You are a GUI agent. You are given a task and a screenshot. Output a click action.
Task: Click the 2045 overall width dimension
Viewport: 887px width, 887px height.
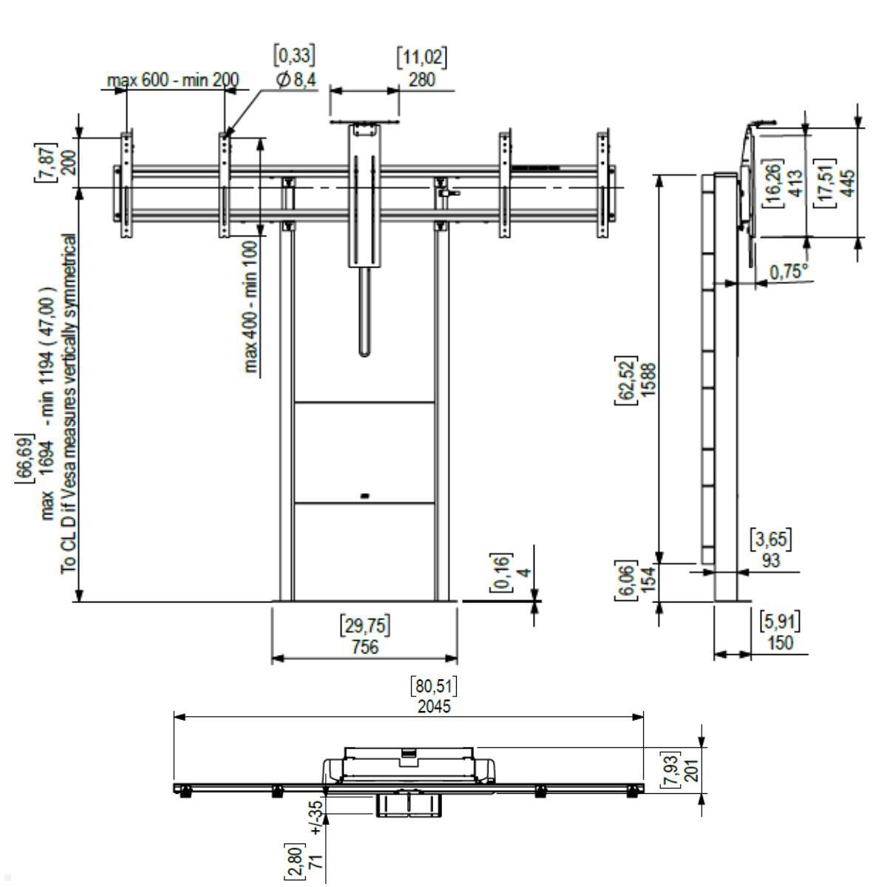click(x=434, y=707)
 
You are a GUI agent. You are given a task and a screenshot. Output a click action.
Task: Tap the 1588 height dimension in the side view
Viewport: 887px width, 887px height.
click(x=648, y=380)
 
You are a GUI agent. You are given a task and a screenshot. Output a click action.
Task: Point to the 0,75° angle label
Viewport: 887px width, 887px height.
click(x=789, y=272)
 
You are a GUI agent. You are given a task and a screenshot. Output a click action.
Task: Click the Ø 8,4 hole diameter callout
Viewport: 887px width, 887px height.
click(x=296, y=80)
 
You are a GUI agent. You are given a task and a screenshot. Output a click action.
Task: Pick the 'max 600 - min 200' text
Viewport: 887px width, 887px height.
click(x=173, y=80)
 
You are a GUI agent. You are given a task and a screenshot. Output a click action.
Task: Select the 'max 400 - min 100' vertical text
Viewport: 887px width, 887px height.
click(x=251, y=307)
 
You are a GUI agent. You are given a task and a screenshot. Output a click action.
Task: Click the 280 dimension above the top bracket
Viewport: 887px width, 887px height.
click(x=421, y=80)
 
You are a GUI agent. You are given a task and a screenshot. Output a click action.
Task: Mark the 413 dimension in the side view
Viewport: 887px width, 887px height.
click(x=796, y=183)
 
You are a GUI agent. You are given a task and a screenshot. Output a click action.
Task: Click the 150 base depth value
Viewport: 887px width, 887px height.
click(x=781, y=642)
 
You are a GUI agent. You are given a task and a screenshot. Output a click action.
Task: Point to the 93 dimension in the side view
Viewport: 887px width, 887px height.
click(x=771, y=560)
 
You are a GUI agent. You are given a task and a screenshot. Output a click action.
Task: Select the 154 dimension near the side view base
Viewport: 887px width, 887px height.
click(x=648, y=580)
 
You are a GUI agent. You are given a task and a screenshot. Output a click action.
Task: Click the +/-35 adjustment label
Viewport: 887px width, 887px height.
click(x=317, y=818)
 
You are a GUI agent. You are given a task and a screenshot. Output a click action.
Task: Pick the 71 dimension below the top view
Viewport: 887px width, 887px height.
click(x=317, y=859)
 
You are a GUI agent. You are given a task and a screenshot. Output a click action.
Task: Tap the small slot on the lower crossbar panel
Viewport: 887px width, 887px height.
click(x=365, y=496)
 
